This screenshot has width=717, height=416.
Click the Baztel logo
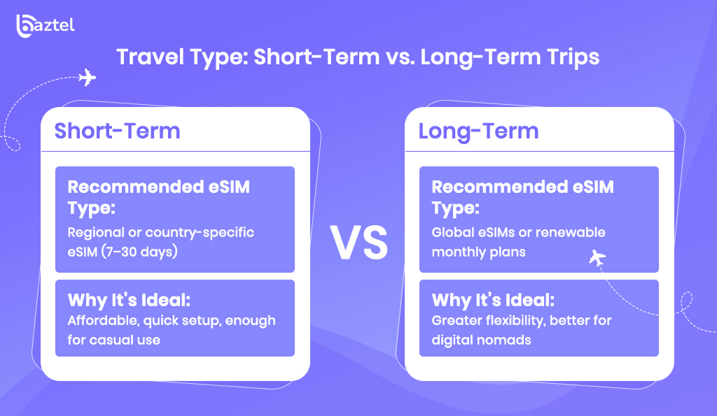(46, 26)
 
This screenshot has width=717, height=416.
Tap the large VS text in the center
(359, 243)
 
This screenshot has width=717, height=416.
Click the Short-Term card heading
(118, 131)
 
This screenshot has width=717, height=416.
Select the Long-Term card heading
(479, 131)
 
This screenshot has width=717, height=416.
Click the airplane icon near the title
(87, 78)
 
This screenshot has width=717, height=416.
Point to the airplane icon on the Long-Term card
(597, 259)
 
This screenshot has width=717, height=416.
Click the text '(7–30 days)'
(139, 252)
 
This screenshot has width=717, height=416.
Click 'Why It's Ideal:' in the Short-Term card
(129, 300)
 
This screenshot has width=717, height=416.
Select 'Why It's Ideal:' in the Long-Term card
(493, 300)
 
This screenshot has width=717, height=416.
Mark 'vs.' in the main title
(400, 58)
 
